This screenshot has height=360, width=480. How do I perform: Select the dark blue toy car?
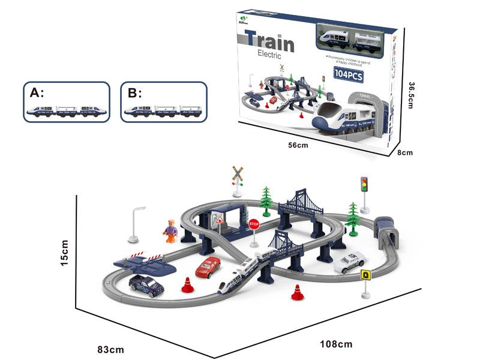pyautogui.click(x=146, y=284)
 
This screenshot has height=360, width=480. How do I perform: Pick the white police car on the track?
pyautogui.click(x=348, y=263)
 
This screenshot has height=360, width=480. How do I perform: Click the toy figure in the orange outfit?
pyautogui.click(x=171, y=230)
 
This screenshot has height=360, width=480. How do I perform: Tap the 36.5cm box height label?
pyautogui.click(x=412, y=95)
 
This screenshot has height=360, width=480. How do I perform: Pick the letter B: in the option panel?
pyautogui.click(x=134, y=92)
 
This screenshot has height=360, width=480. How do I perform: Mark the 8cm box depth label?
pyautogui.click(x=407, y=152)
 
